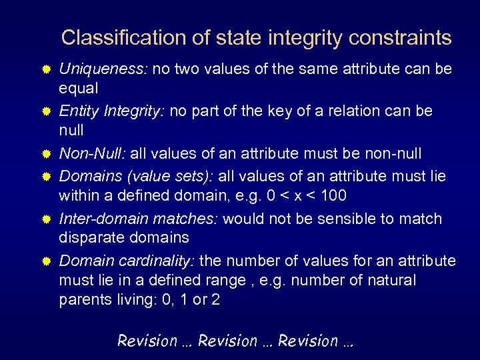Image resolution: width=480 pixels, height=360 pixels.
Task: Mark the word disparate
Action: click(x=90, y=237)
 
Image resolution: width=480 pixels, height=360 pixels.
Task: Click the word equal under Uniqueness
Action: click(x=79, y=88)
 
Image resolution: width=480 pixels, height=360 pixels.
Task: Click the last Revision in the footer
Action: click(x=308, y=341)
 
